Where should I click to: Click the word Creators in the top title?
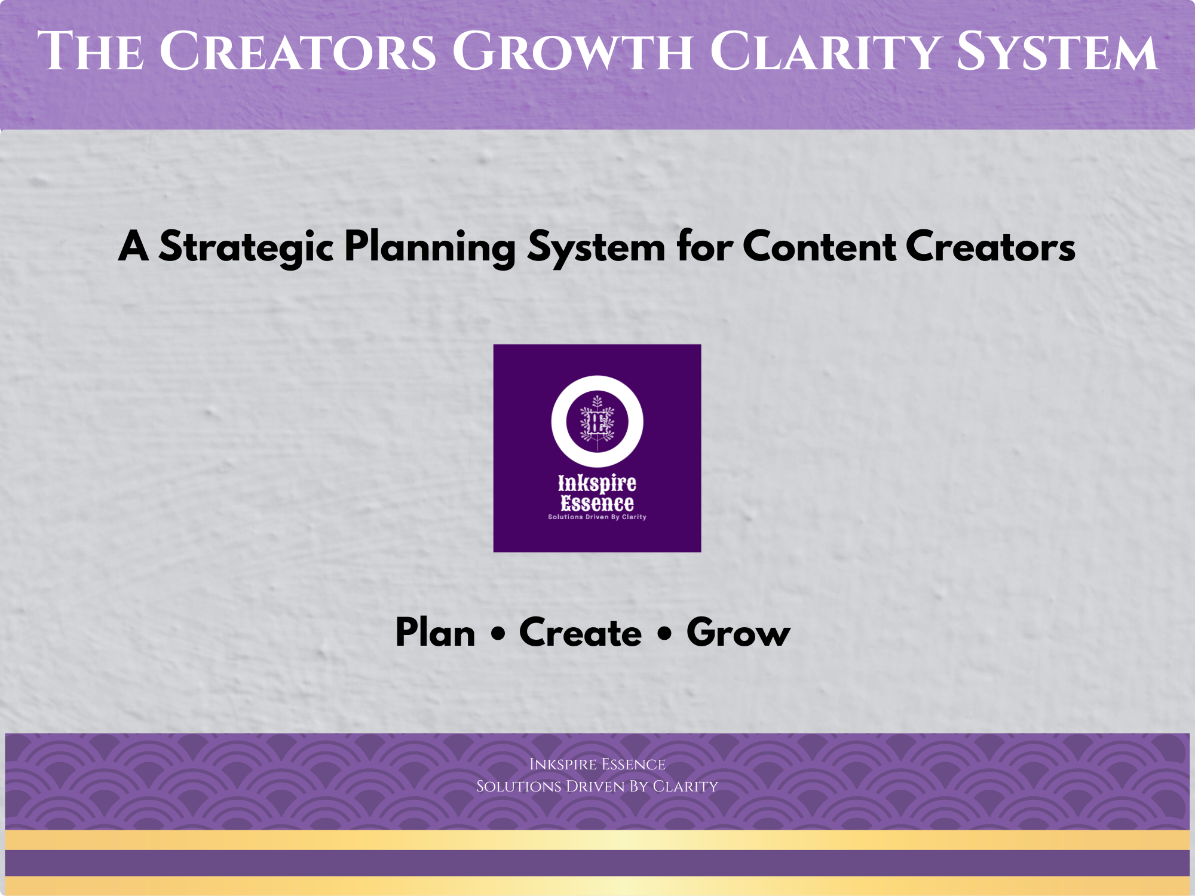pos(298,51)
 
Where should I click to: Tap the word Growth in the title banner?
pos(572,51)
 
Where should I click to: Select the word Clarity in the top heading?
pos(825,51)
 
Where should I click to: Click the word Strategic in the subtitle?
pos(246,247)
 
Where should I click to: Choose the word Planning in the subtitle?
pos(430,247)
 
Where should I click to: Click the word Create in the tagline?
pos(580,633)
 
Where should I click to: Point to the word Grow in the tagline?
pos(739,633)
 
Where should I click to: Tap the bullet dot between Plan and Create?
pos(498,634)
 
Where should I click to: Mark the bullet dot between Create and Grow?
pos(664,634)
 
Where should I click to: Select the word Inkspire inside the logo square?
pos(597,483)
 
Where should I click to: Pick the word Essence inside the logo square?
pos(597,503)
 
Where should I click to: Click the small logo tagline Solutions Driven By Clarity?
pos(597,517)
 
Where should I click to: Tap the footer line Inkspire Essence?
pos(597,765)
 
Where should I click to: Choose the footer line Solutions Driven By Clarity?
pos(597,786)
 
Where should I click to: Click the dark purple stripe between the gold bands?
pos(597,863)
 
